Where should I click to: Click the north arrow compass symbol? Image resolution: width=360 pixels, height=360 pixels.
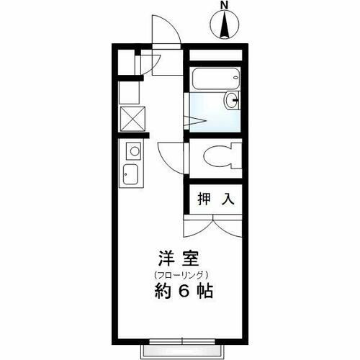pyautogui.click(x=225, y=26)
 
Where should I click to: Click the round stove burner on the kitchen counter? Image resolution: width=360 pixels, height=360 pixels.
pyautogui.click(x=133, y=151)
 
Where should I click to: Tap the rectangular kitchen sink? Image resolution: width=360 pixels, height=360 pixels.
pyautogui.click(x=132, y=175)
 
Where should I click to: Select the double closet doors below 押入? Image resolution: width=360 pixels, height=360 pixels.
pyautogui.click(x=214, y=228)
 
